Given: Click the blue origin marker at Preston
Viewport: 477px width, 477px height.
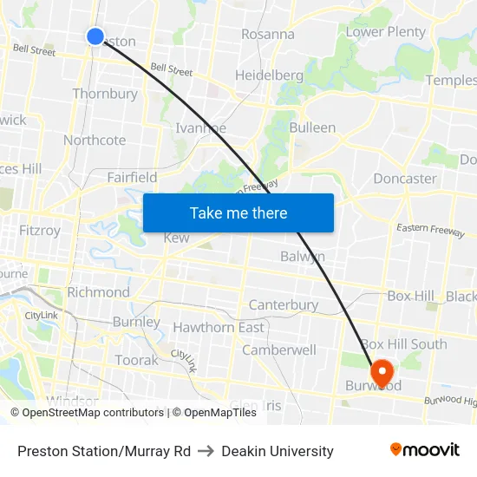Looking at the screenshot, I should pyautogui.click(x=95, y=36).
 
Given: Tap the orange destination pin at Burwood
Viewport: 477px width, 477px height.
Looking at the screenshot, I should pyautogui.click(x=380, y=372).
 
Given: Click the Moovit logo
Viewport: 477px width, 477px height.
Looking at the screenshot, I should pyautogui.click(x=425, y=450).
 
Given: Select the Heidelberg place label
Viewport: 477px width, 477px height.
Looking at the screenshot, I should pyautogui.click(x=269, y=75).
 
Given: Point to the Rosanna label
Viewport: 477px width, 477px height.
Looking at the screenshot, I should pyautogui.click(x=267, y=35).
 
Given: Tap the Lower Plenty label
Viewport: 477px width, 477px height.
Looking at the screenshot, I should pyautogui.click(x=386, y=32).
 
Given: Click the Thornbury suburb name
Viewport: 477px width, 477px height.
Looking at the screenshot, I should pyautogui.click(x=105, y=94).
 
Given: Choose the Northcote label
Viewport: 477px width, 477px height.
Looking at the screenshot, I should pyautogui.click(x=95, y=140).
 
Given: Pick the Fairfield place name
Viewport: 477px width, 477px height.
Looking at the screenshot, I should pyautogui.click(x=132, y=178).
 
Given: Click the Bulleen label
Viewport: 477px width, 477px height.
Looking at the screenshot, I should pyautogui.click(x=312, y=127).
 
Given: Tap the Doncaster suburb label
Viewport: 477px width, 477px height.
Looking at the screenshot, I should pyautogui.click(x=405, y=179).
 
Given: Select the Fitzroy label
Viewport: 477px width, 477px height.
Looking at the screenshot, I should pyautogui.click(x=40, y=232).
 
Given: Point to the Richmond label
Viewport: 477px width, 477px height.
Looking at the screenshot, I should pyautogui.click(x=98, y=292).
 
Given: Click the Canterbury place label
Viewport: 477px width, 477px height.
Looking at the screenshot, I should pyautogui.click(x=284, y=305).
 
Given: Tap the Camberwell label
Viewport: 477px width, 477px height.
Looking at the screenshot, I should pyautogui.click(x=279, y=350).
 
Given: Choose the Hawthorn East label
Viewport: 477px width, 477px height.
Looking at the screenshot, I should pyautogui.click(x=219, y=328).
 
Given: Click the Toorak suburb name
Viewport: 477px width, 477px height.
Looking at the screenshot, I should pyautogui.click(x=137, y=360).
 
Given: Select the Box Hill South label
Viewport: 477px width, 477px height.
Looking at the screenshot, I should pyautogui.click(x=403, y=344).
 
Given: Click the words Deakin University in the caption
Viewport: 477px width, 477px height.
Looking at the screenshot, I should pyautogui.click(x=278, y=451).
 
